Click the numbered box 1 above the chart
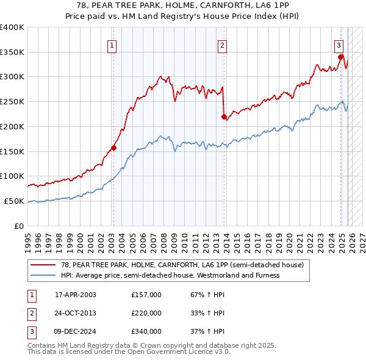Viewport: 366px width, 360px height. [x=113, y=45]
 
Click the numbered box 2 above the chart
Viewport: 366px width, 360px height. [x=223, y=45]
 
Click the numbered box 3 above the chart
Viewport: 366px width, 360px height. [x=338, y=45]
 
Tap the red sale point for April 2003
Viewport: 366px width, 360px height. [x=113, y=148]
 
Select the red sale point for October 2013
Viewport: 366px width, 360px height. [x=224, y=116]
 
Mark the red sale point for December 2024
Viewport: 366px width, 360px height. [x=341, y=57]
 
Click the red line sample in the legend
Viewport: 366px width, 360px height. [x=43, y=265]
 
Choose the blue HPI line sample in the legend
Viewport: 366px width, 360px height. [x=43, y=275]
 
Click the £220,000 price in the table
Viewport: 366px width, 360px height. [x=146, y=313]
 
